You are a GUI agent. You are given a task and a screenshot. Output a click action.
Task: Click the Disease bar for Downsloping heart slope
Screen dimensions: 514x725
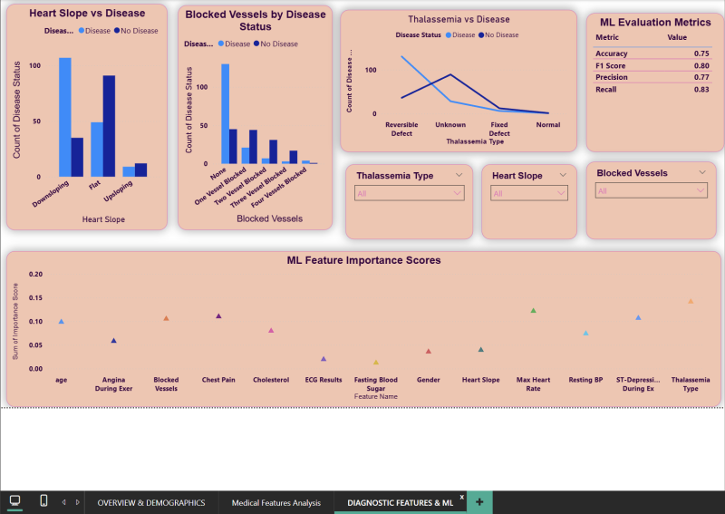point(65,117)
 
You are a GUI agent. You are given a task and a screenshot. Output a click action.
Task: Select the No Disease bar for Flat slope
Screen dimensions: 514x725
point(109,126)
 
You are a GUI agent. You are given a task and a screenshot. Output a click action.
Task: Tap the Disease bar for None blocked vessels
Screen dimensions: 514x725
point(225,113)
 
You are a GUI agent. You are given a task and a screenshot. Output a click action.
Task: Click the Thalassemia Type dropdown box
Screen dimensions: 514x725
point(409,193)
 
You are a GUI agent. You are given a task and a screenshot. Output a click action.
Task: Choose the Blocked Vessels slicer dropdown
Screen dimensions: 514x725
point(651,190)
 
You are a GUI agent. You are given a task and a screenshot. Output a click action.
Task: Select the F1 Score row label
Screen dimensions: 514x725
point(614,65)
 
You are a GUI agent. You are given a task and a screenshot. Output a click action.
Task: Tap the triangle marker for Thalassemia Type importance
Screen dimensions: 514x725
point(691,301)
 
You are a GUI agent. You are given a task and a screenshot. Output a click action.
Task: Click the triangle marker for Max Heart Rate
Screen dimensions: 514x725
point(534,311)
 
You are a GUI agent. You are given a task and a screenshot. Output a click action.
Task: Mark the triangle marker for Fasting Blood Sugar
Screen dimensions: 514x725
point(376,362)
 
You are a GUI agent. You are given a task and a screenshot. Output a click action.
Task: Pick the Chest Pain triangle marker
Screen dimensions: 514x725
point(218,315)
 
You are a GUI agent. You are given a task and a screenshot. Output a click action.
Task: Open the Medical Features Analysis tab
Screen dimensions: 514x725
point(275,502)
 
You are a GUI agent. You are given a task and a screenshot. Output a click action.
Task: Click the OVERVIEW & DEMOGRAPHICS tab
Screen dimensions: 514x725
point(151,502)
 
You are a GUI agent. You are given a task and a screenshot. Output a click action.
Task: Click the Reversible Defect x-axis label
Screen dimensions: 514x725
point(401,128)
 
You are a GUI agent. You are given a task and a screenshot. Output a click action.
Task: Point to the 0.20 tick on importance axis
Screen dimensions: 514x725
point(36,274)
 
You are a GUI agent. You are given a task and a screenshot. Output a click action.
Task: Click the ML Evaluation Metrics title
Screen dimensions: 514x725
point(655,23)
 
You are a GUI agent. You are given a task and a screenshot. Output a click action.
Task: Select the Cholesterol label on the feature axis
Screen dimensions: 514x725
point(271,380)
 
